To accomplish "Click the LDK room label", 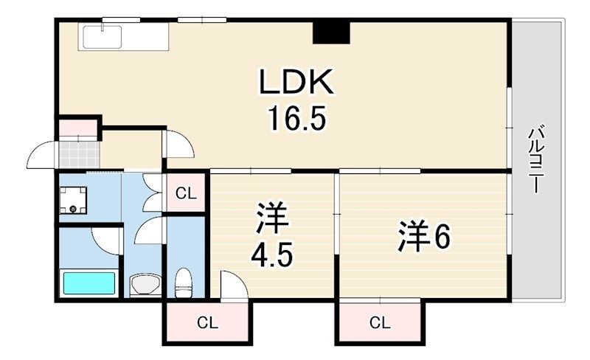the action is pyautogui.click(x=296, y=82).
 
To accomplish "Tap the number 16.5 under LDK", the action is pyautogui.click(x=296, y=118).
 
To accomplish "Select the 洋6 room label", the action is pyautogui.click(x=424, y=236).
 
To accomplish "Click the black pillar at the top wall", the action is pyautogui.click(x=331, y=32).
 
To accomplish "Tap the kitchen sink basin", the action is pyautogui.click(x=102, y=37).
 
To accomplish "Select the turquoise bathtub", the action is pyautogui.click(x=89, y=283).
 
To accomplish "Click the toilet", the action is pyautogui.click(x=184, y=283).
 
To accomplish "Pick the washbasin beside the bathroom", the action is pyautogui.click(x=145, y=284).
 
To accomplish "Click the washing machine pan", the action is pyautogui.click(x=73, y=200).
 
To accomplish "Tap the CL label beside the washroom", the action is pyautogui.click(x=187, y=194).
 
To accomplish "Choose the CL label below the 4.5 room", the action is pyautogui.click(x=208, y=322).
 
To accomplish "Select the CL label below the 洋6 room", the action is pyautogui.click(x=380, y=322).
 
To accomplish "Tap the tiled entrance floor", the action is pyautogui.click(x=80, y=154).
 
